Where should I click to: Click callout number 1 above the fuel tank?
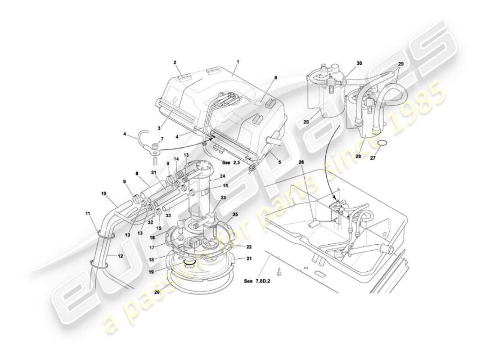238,62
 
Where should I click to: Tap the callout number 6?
276,77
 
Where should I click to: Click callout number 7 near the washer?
162,139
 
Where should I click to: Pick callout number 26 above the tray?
301,162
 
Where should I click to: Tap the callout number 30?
359,63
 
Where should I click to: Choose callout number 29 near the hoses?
400,64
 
